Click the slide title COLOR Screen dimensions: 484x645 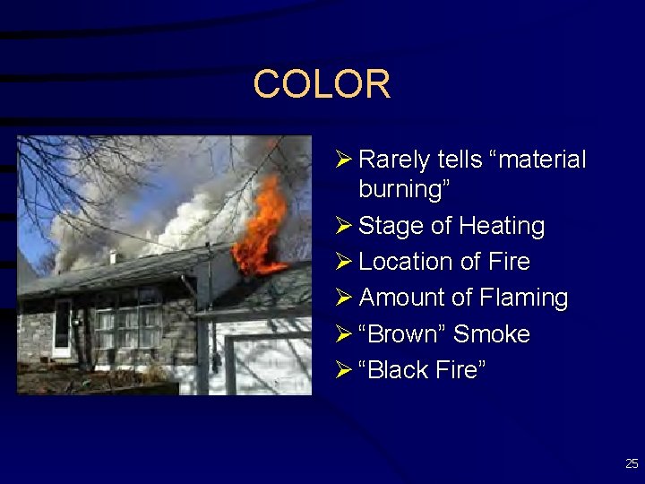(322, 84)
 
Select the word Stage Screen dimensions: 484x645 (391, 226)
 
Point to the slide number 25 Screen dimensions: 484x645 (632, 463)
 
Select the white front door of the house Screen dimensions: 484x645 (63, 328)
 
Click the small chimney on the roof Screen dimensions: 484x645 (112, 256)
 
